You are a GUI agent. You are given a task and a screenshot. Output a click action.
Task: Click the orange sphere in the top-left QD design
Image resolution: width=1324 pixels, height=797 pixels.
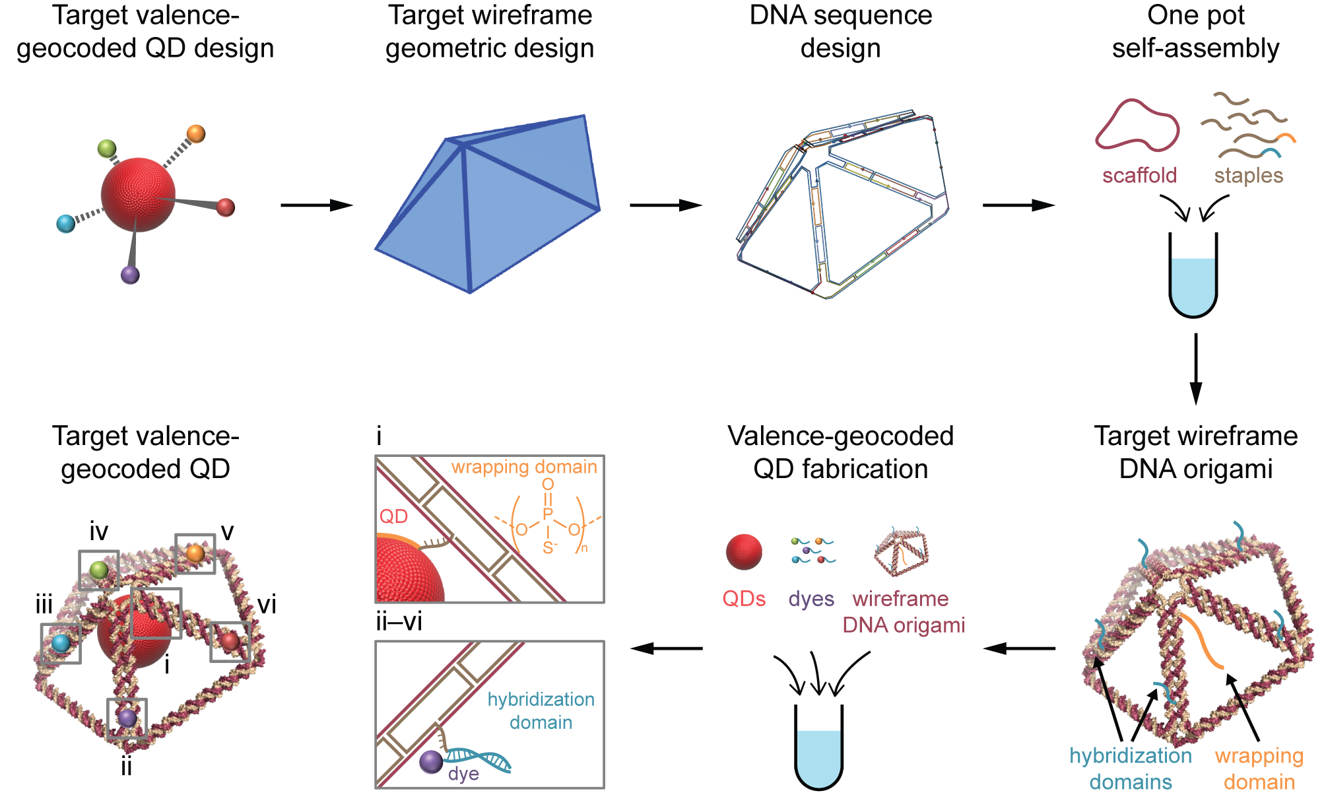196,134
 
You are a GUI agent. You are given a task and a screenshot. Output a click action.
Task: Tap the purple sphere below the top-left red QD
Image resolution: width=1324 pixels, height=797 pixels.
131,275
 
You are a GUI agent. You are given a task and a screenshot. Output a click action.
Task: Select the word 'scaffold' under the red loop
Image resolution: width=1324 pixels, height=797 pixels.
1139,176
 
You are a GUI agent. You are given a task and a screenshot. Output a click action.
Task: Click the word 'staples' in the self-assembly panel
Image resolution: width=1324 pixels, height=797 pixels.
1249,176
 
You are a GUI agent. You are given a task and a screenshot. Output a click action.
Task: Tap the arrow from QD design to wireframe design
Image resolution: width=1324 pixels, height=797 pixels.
317,205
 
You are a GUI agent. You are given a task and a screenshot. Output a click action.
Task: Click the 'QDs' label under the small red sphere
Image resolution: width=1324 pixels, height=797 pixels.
744,599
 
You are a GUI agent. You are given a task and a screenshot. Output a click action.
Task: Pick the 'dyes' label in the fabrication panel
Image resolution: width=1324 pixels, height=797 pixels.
811,599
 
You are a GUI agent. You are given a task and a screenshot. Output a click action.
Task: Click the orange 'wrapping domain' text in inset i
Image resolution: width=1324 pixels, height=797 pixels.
524,468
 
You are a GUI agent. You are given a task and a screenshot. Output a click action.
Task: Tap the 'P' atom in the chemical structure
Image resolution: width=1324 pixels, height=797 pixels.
547,514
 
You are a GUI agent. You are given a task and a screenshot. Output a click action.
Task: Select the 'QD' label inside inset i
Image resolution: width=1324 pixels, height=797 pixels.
393,516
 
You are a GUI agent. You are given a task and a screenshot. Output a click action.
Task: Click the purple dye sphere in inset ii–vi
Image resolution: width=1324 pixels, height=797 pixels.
431,762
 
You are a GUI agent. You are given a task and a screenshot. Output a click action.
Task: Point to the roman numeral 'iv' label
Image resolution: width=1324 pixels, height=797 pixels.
99,532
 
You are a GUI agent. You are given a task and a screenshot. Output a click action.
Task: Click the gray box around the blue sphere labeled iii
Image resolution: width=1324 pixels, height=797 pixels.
61,643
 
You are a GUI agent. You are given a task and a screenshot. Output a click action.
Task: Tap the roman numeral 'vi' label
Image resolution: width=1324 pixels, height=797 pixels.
267,604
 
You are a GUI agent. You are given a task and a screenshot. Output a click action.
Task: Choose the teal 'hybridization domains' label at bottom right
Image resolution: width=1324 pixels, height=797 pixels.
1131,769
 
